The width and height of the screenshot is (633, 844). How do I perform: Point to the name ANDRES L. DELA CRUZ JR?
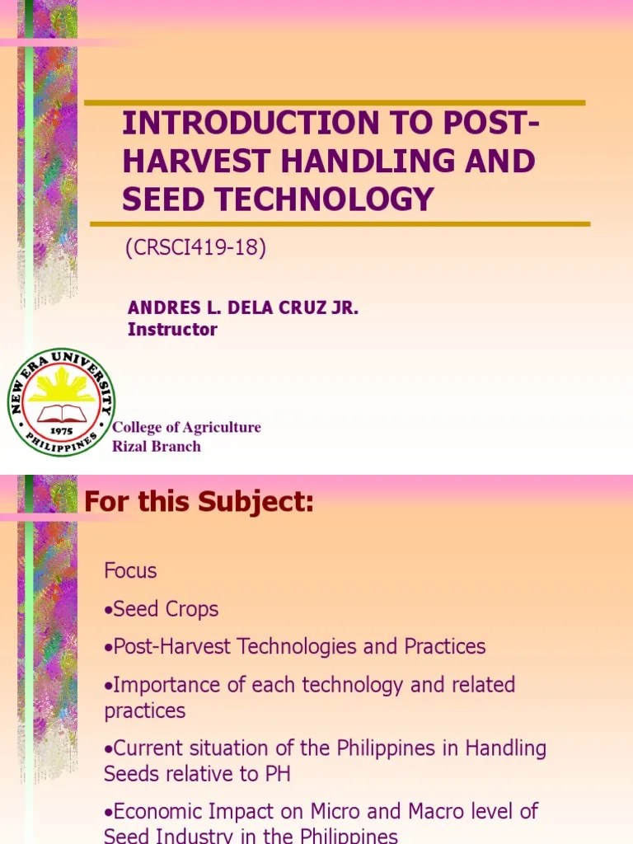point(243,308)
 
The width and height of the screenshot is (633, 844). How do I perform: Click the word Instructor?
point(172,329)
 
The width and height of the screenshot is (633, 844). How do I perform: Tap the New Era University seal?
point(61,401)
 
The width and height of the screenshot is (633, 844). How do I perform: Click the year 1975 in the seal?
point(61,430)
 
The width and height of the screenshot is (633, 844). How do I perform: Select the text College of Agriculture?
point(186,427)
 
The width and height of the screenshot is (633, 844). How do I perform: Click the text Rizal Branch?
point(157,446)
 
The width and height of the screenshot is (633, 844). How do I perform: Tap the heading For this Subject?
point(199,501)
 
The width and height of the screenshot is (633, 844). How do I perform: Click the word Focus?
point(130,570)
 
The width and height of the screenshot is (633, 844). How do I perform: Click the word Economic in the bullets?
point(152,811)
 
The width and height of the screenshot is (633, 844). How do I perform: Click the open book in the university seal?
point(61,412)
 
